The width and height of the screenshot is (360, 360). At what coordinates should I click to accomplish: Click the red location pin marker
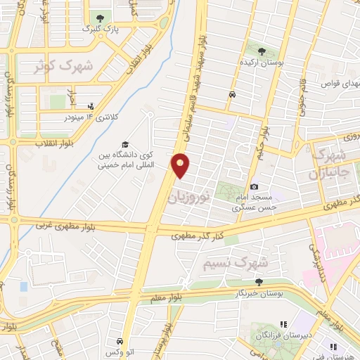pos(181,165)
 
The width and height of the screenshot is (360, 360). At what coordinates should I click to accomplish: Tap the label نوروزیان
pos(188,195)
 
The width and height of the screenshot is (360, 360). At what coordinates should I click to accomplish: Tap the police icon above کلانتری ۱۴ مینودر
pos(90,105)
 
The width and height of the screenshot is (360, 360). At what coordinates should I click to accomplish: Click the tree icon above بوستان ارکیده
pos(262,51)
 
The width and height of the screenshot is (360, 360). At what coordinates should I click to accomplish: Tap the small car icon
pos(231,94)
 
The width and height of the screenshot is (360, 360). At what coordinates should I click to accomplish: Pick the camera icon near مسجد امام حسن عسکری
pos(254,186)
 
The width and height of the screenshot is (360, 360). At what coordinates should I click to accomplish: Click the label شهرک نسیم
pos(236,264)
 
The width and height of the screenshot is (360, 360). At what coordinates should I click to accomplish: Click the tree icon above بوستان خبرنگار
pos(259,282)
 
